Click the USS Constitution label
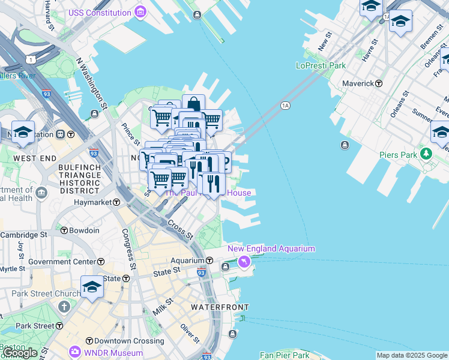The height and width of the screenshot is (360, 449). click(100, 13)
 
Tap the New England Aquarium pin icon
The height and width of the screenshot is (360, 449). click(244, 262)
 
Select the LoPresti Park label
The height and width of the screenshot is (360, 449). click(321, 65)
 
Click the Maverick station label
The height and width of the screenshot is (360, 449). click(358, 83)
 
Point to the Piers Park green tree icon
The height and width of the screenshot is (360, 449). click(426, 155)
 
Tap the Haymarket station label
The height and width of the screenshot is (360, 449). click(93, 203)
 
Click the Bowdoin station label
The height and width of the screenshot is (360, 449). click(83, 230)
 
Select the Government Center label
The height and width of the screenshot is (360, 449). click(62, 262)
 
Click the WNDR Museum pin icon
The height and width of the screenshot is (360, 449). click(75, 351)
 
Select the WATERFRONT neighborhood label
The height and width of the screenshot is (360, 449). click(219, 307)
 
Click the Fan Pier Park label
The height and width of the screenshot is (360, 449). click(285, 355)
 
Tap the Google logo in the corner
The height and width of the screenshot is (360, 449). click(19, 353)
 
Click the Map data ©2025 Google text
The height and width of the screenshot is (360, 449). click(412, 355)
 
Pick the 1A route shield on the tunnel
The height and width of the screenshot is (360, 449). click(285, 106)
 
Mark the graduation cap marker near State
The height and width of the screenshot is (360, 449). click(92, 287)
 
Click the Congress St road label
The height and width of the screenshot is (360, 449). click(129, 249)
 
